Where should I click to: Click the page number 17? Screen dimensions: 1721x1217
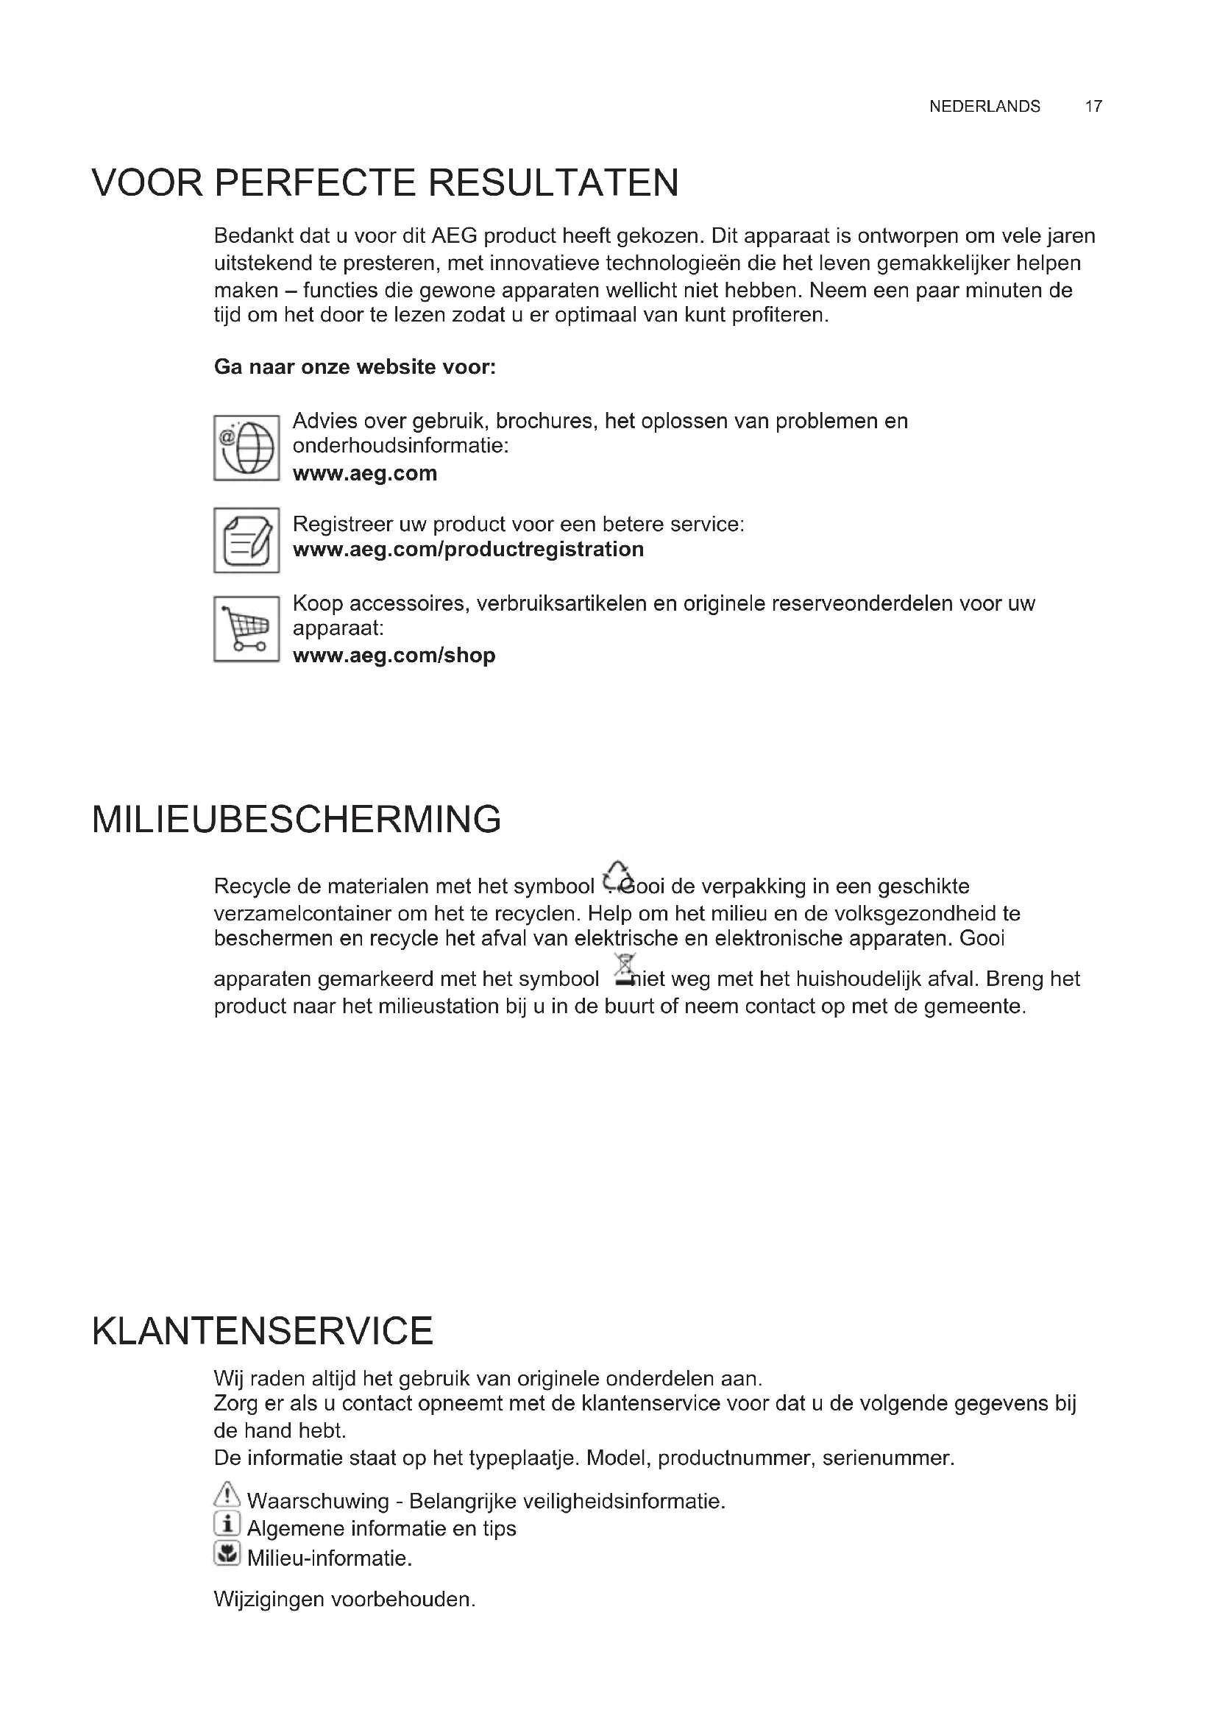point(1093,107)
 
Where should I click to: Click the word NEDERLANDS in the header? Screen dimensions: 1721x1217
point(984,107)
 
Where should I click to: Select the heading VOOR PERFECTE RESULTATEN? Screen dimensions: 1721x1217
point(385,183)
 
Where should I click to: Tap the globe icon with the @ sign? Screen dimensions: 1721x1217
point(246,447)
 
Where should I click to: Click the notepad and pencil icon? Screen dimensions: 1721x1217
point(246,539)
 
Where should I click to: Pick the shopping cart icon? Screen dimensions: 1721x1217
point(246,629)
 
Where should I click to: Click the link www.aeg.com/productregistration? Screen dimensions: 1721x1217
point(468,550)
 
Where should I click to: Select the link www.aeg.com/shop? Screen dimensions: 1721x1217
point(394,656)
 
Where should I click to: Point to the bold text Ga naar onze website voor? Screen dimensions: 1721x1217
point(355,367)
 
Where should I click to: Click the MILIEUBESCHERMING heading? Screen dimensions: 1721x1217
point(296,819)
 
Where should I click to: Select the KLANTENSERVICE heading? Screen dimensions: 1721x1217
point(262,1331)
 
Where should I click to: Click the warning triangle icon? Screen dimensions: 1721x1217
point(227,1494)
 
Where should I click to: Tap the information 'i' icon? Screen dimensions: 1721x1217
point(227,1523)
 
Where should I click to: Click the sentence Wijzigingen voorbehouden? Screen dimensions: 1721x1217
point(344,1600)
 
